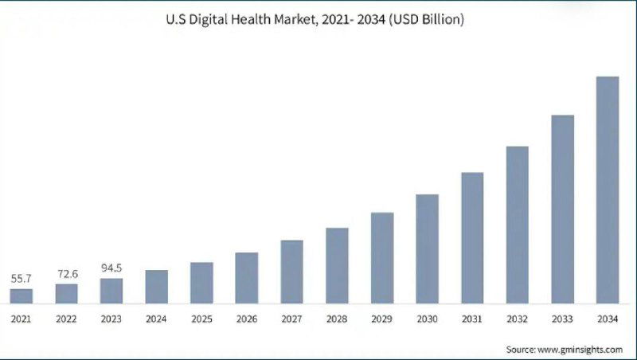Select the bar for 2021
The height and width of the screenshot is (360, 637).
point(21,295)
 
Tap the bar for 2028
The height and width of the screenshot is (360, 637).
point(337,265)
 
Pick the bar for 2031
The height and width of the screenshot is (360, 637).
point(472,237)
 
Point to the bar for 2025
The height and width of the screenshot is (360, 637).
point(201,283)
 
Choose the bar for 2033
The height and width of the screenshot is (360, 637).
point(562,209)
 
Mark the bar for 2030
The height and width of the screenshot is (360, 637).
point(427,248)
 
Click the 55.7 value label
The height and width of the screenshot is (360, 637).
point(21,279)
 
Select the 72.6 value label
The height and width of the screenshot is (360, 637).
point(67,274)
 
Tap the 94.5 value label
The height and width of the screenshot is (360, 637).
point(111,268)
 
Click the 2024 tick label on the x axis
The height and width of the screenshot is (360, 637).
point(157,319)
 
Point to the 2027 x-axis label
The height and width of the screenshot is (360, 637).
point(291,319)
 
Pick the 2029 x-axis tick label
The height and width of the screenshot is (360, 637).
point(382,319)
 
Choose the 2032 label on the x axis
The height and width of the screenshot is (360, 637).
point(517,319)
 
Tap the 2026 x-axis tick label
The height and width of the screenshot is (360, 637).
point(247,319)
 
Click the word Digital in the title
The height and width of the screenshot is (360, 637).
point(210,18)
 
